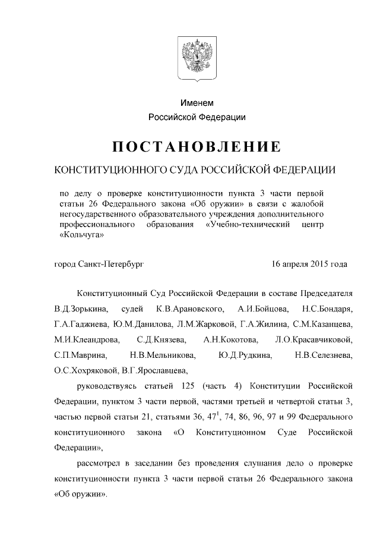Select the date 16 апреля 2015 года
(309, 263)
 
